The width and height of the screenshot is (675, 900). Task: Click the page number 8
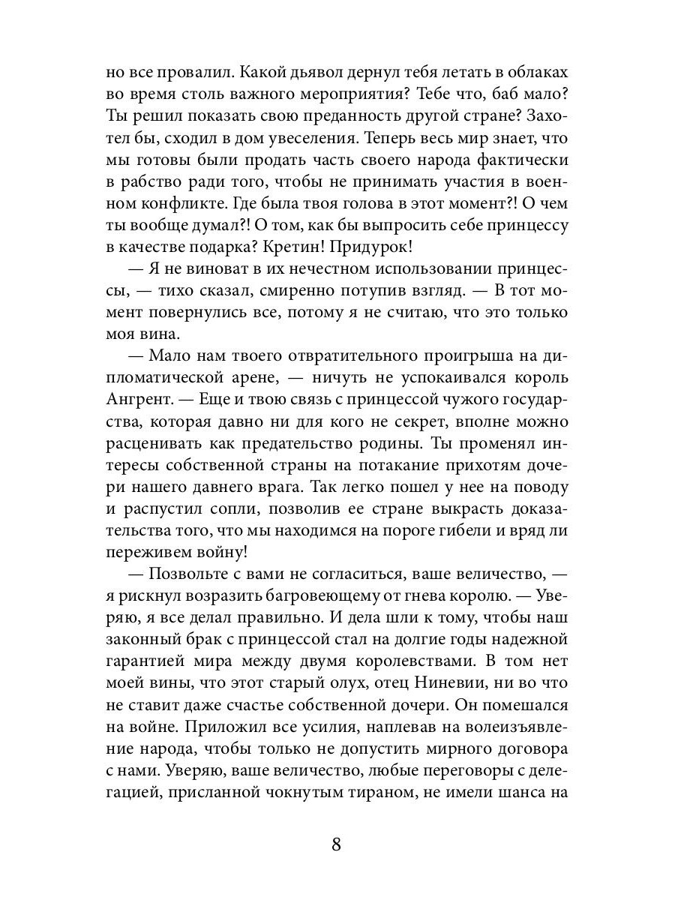[x=337, y=844]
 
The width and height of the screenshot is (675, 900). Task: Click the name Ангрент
[x=141, y=400]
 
